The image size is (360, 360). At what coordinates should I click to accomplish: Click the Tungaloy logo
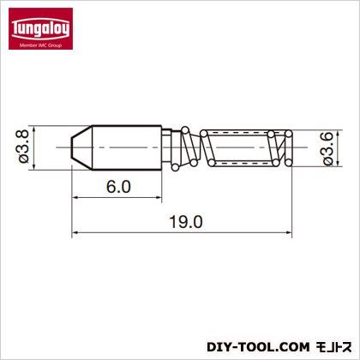pos(40,28)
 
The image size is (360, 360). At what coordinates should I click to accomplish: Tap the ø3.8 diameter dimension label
pos(24,147)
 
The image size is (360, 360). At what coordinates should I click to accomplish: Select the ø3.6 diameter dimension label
pos(327,148)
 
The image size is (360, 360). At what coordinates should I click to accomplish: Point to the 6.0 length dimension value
pos(118,187)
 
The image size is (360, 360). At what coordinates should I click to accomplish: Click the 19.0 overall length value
pos(186,222)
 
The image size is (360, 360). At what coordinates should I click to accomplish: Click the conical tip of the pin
pos(81,147)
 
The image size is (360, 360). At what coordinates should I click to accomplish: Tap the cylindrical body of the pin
pos(127,147)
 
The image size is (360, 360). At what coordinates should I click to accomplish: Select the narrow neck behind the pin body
pos(167,147)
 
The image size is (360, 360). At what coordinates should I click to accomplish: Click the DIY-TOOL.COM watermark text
pos(258,347)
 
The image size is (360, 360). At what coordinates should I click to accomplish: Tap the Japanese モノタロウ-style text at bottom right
pos(333,347)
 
